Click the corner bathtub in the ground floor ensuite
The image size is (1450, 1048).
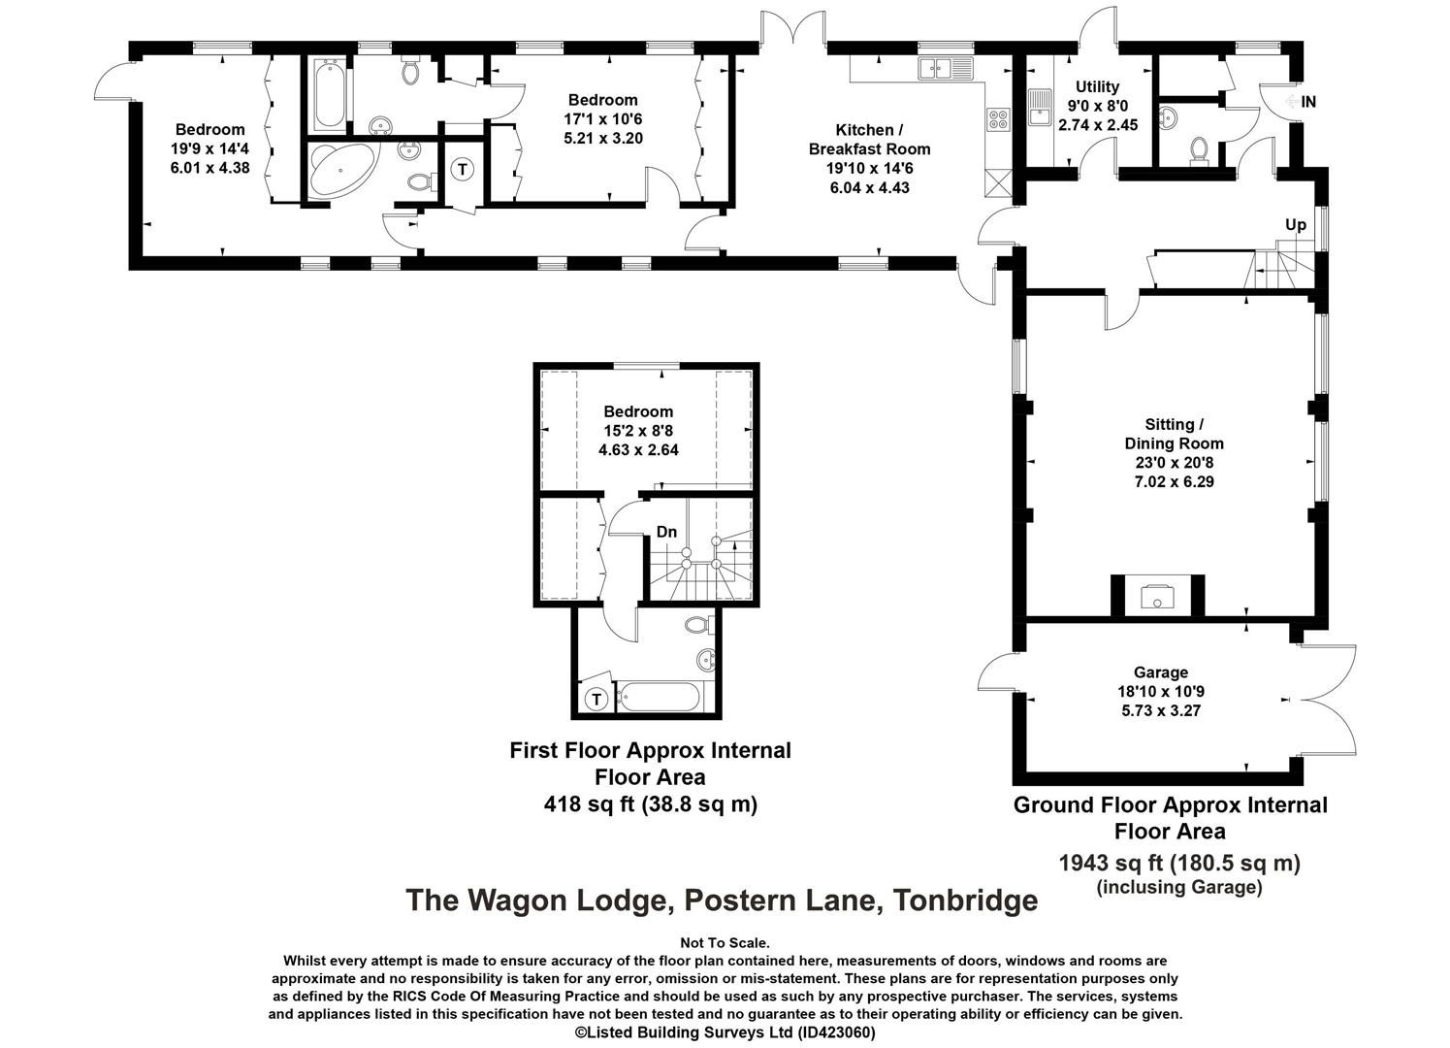(x=339, y=170)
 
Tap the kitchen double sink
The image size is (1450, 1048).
(x=945, y=68)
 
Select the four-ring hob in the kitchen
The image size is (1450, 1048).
(x=997, y=118)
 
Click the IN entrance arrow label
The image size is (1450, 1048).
(x=1301, y=102)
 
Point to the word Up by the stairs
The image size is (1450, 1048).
(x=1295, y=225)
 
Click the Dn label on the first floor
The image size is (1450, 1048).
(x=666, y=532)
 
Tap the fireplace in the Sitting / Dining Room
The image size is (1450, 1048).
(x=1157, y=596)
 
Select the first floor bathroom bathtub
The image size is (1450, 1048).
(x=658, y=697)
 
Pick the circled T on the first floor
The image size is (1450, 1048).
(x=596, y=699)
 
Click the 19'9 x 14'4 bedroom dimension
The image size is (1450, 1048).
(x=209, y=148)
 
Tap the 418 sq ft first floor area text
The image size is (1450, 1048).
(x=651, y=804)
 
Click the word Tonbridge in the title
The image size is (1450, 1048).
(x=966, y=901)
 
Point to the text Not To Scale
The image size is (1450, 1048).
(x=725, y=943)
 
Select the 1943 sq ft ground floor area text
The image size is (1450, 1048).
(x=1179, y=864)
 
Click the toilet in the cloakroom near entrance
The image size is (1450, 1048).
(x=1199, y=149)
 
